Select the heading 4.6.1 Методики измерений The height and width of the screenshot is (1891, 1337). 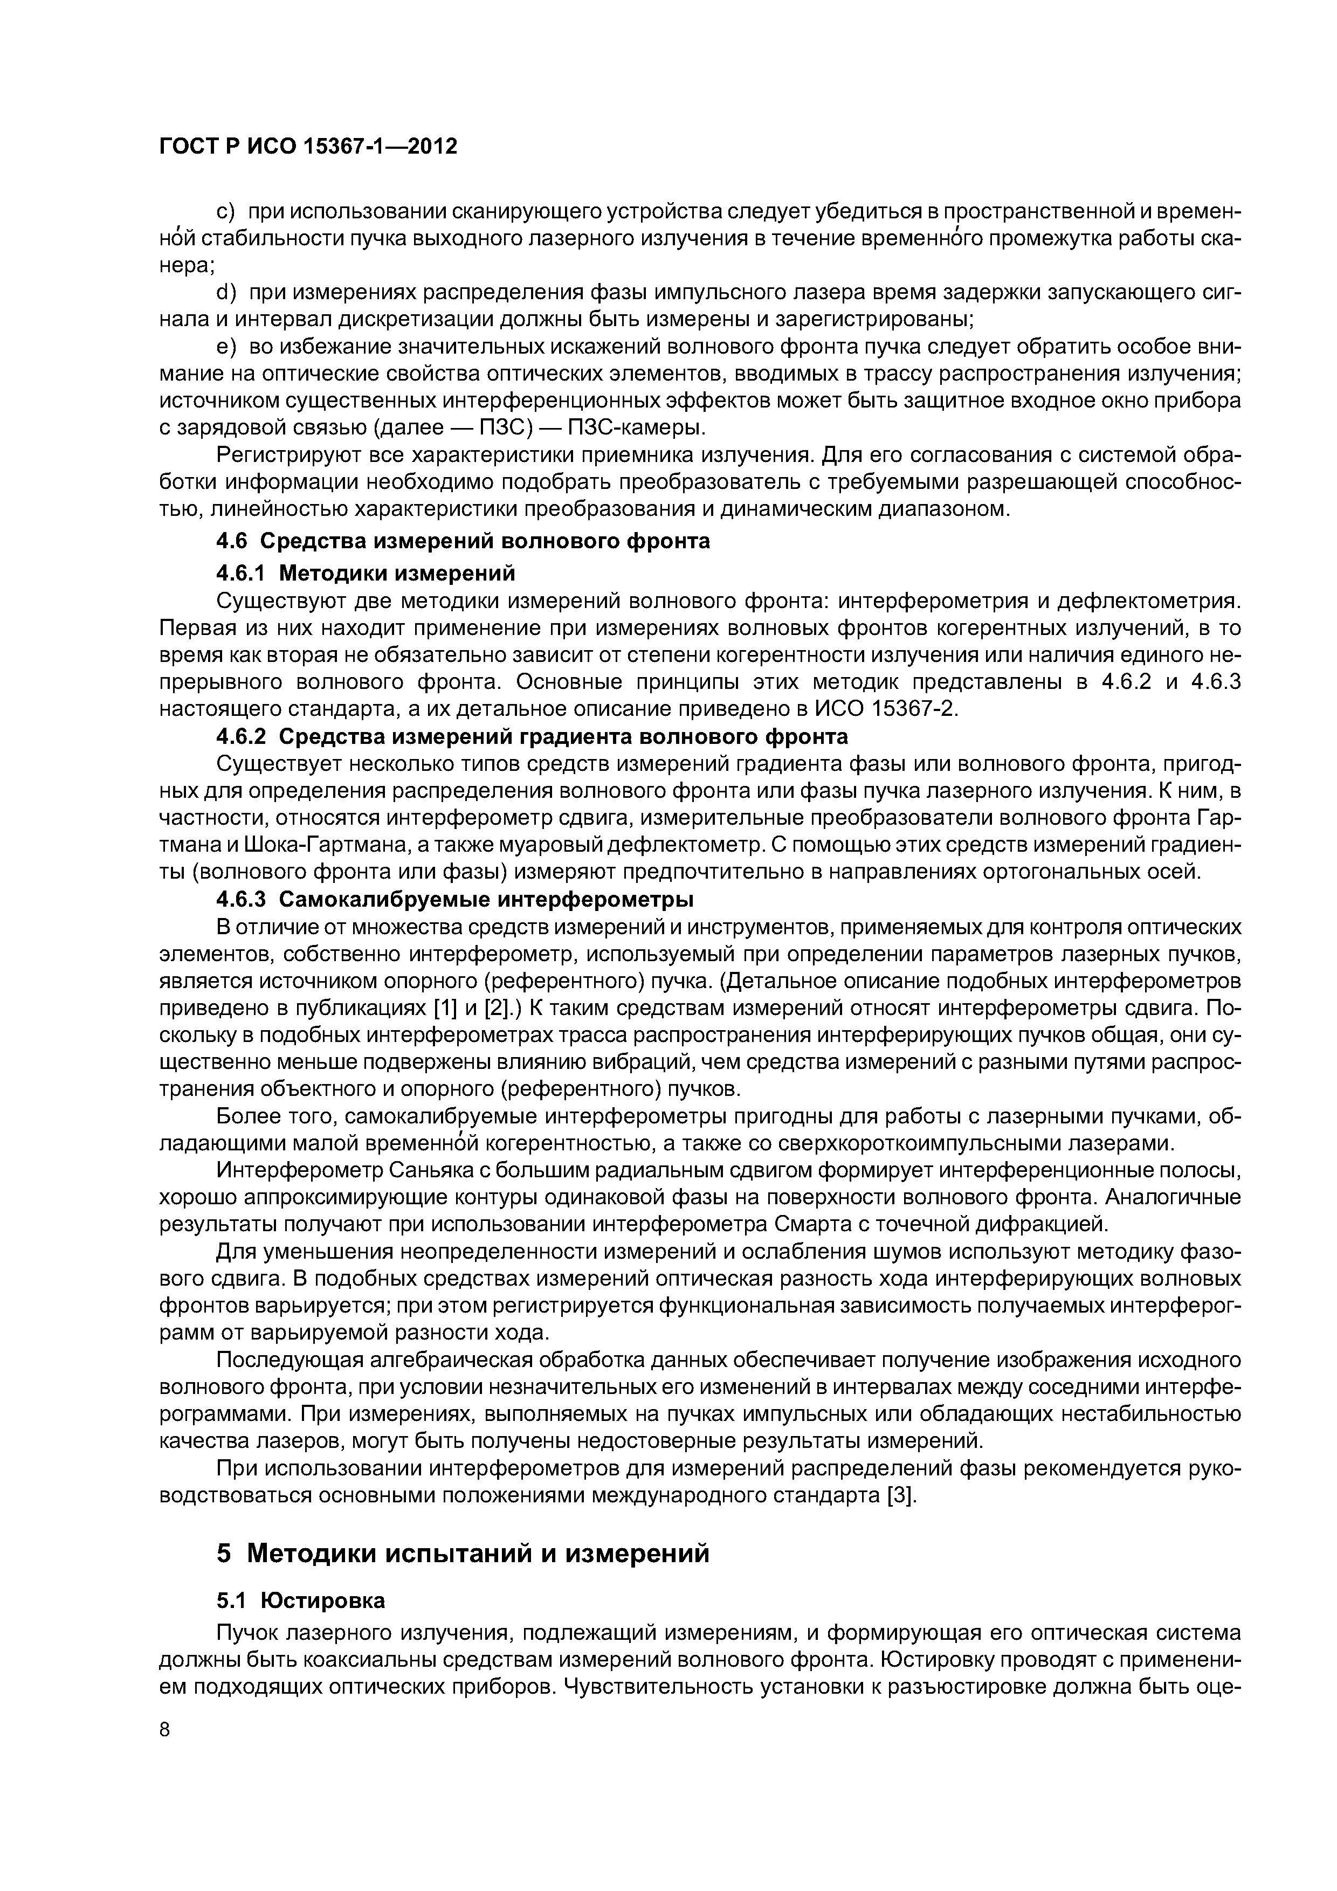[x=365, y=571]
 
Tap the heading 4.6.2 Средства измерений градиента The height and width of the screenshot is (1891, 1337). [x=532, y=735]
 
